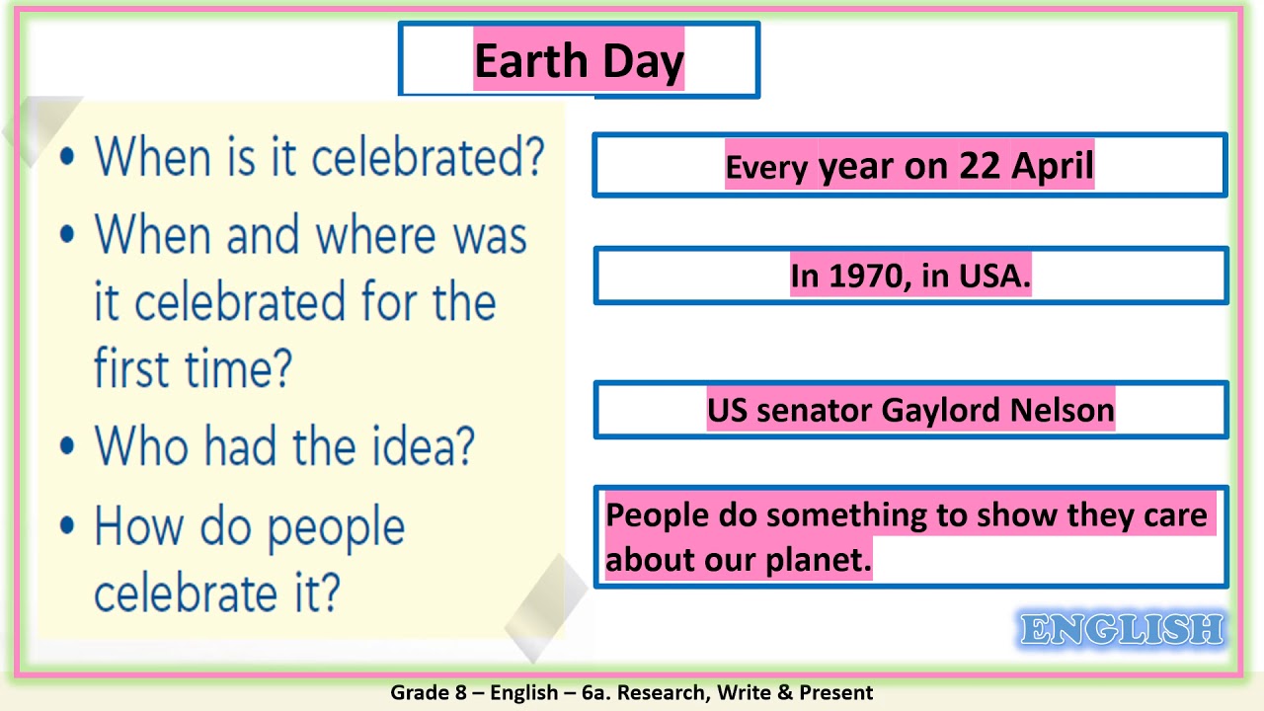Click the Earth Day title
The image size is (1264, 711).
579,61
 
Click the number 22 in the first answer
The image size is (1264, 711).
980,166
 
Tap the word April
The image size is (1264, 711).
1053,166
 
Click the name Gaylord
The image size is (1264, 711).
948,410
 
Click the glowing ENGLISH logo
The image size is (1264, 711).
1122,630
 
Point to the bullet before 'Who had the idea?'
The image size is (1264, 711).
67,446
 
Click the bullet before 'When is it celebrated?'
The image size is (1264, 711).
67,156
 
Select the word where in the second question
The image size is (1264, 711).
375,235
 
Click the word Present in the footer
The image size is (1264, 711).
835,692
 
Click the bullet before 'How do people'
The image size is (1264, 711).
67,526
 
